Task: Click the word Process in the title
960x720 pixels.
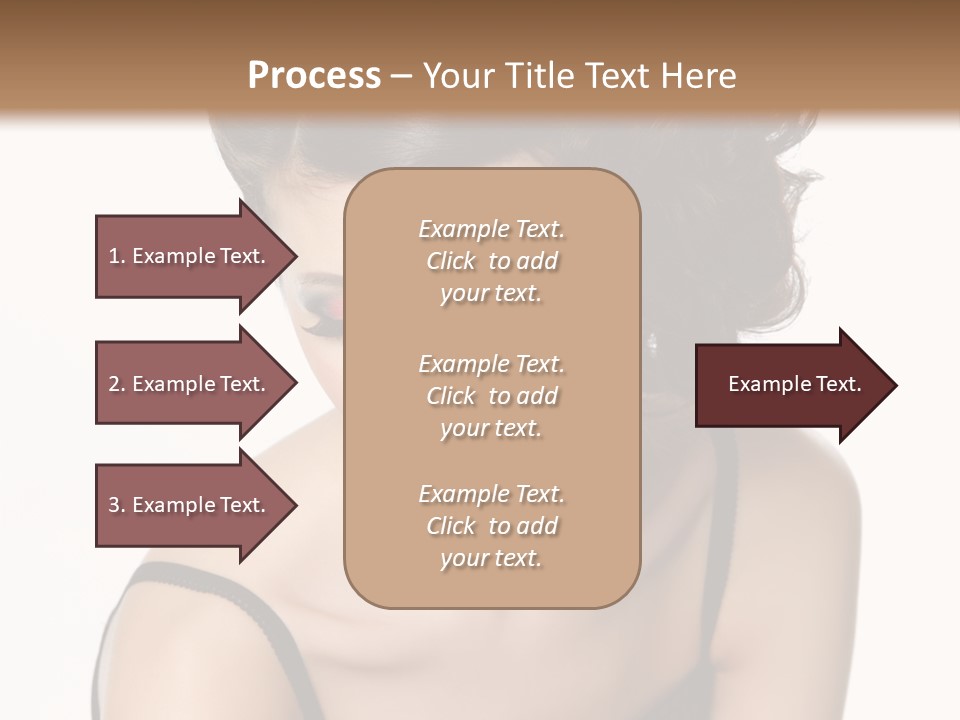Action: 314,76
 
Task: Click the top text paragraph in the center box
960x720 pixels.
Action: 491,261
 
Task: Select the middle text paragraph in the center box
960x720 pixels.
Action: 491,396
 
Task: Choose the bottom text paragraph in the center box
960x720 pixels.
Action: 491,526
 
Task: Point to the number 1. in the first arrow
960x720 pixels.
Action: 117,256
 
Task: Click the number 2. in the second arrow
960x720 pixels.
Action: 117,384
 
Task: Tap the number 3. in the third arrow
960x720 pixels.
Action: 117,505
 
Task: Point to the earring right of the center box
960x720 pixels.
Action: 654,344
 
